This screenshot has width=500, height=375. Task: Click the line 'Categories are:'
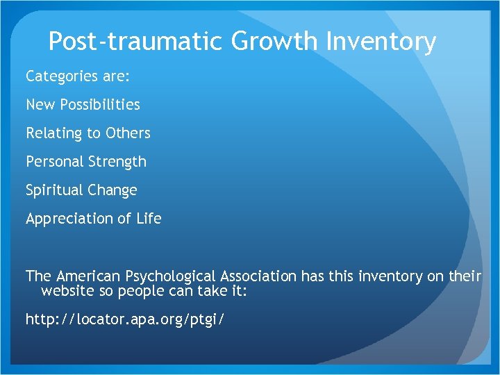tap(78, 76)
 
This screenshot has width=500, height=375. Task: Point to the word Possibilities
tap(100, 105)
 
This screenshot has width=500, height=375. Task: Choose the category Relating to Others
tap(88, 133)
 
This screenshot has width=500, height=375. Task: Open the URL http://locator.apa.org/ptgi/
tap(125, 319)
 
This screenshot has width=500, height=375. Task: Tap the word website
tap(68, 290)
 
